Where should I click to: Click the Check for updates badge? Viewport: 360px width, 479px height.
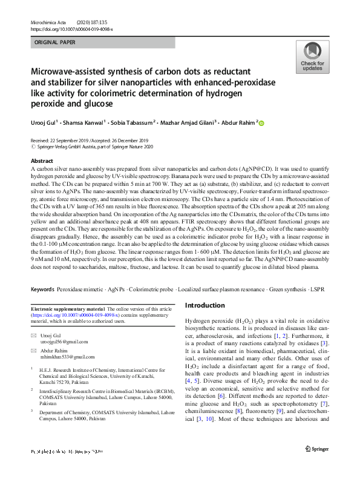(x=312, y=58)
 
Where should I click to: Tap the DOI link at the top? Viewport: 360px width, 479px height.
(x=71, y=28)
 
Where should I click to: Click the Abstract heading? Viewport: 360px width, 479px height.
(x=41, y=161)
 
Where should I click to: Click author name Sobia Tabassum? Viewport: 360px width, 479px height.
(x=134, y=122)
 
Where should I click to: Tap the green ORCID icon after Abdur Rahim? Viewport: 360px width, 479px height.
(x=262, y=123)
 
